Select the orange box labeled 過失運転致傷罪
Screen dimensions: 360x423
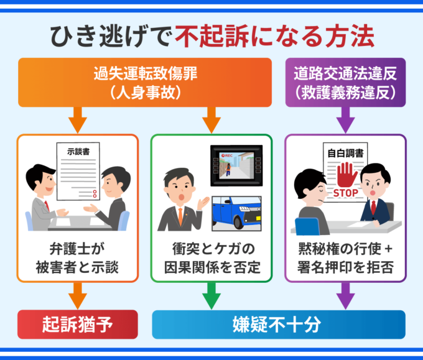[145, 82]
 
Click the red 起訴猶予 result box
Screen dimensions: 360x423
[77, 324]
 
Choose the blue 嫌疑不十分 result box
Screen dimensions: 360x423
[279, 324]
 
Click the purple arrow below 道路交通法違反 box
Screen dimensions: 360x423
[345, 119]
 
